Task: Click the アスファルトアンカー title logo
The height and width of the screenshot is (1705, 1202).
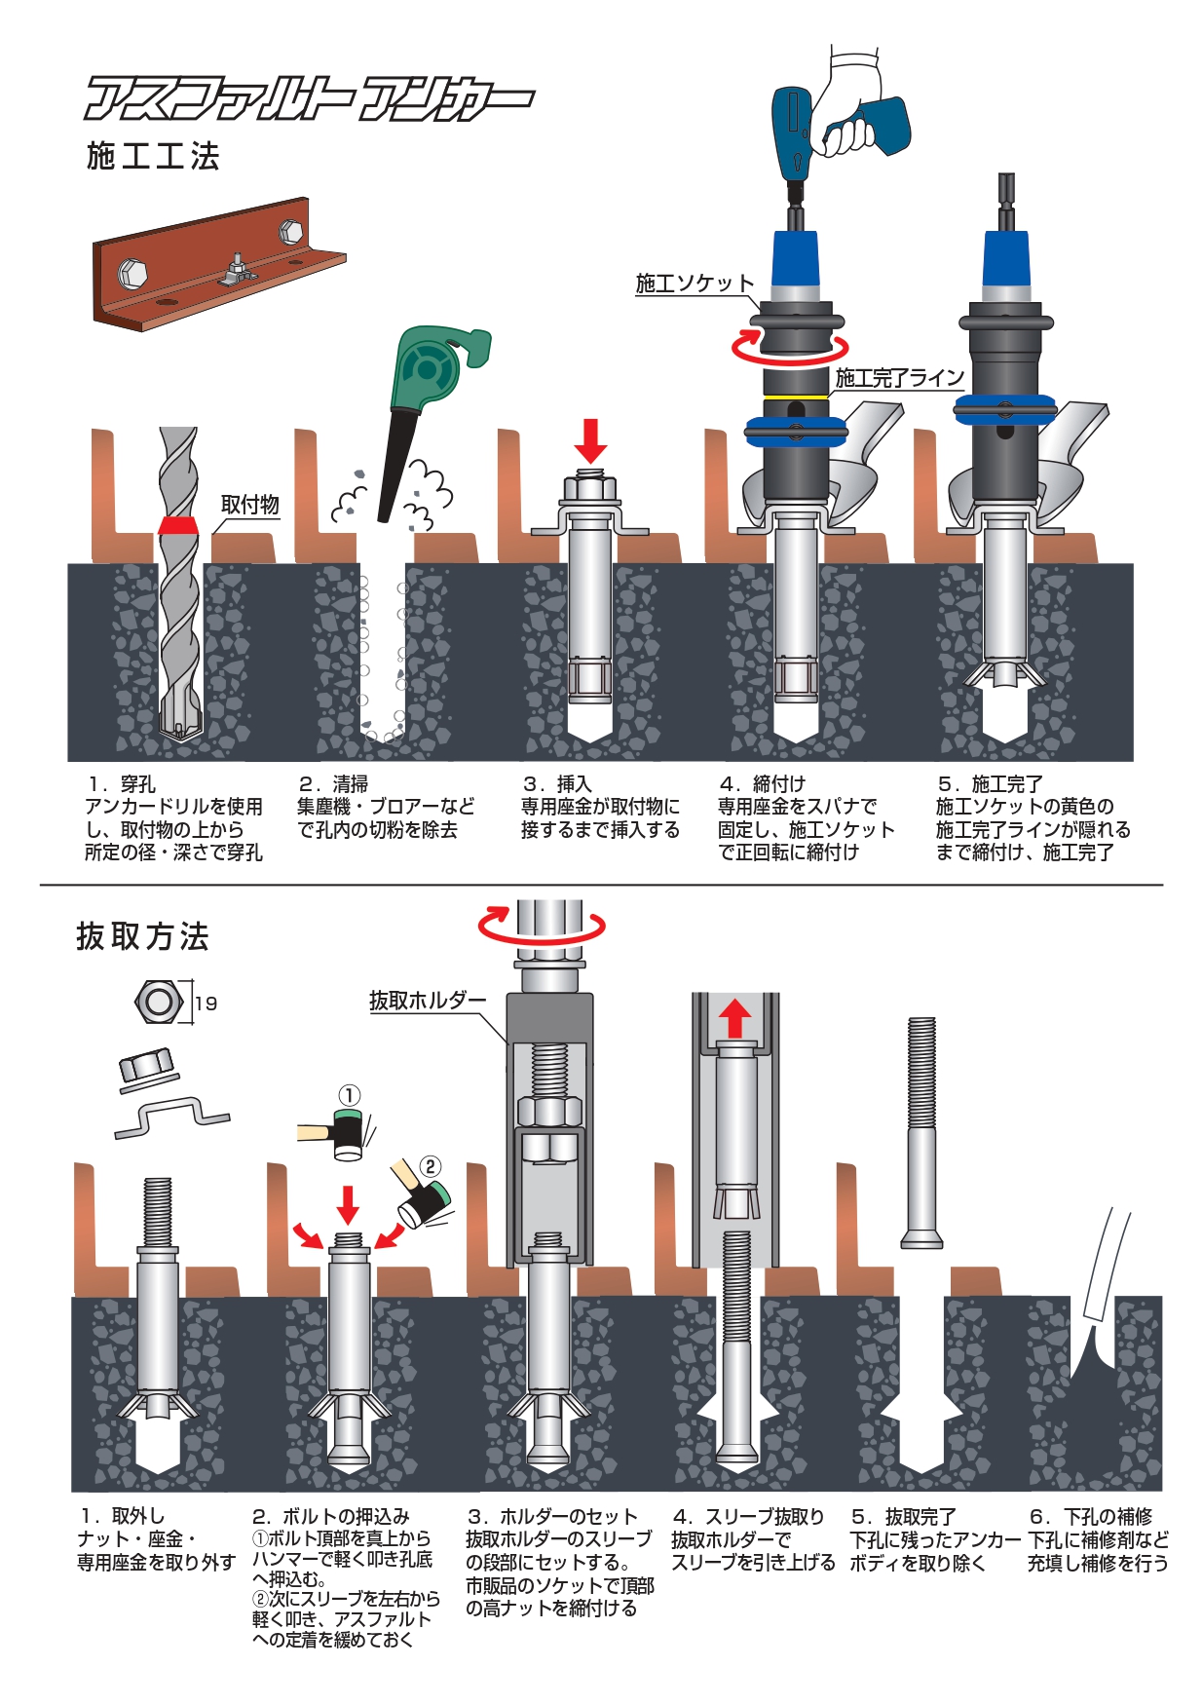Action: tap(310, 98)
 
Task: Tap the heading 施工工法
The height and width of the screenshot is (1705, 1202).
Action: tap(153, 156)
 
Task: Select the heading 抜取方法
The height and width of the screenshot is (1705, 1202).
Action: tap(142, 936)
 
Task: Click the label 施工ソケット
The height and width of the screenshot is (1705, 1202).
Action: tap(695, 284)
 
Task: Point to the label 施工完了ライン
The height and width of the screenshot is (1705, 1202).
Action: tap(900, 378)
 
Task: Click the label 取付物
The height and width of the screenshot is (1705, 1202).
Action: tap(250, 505)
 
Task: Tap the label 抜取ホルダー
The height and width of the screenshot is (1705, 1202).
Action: tap(427, 1001)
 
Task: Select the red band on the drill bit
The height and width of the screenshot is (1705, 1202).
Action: tap(178, 526)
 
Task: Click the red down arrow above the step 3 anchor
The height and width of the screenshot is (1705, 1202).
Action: tap(590, 441)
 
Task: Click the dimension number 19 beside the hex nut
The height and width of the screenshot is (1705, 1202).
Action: tap(206, 1004)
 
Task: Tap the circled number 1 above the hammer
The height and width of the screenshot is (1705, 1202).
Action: tap(349, 1095)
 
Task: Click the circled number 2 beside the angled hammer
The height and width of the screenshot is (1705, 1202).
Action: tap(430, 1166)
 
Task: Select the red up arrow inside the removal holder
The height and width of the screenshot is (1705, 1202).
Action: tap(735, 1020)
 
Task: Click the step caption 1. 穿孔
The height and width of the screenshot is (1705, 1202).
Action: tap(121, 784)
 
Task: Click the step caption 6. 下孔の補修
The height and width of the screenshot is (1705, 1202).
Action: tap(1091, 1517)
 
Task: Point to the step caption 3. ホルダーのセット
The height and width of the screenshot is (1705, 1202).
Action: tap(552, 1517)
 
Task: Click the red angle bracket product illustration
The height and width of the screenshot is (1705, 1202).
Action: tap(219, 265)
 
